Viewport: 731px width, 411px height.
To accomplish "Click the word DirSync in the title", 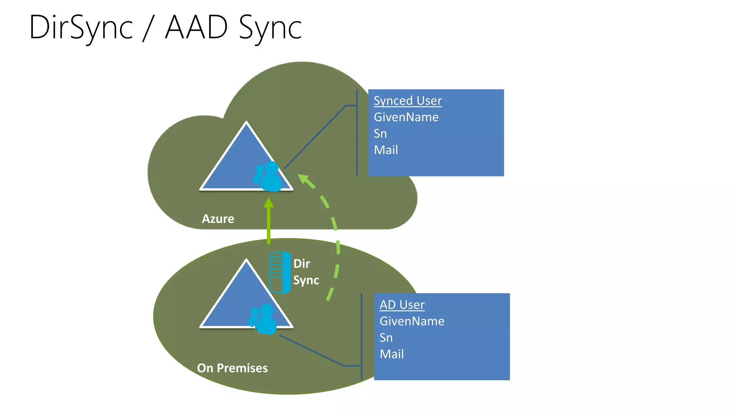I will pos(81,28).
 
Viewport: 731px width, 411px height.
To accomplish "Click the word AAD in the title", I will pos(196,27).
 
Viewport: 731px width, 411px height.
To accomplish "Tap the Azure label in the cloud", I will pos(218,219).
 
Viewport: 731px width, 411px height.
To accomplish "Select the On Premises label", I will pos(232,368).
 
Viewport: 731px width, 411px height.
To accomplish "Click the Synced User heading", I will pos(408,101).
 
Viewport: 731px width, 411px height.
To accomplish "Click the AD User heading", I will pos(402,305).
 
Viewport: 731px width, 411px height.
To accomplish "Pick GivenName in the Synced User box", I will pos(406,117).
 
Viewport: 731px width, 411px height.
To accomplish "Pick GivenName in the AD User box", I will pos(412,321).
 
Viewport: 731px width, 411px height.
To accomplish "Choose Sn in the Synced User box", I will pos(380,133).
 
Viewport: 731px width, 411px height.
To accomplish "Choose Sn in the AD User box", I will pos(386,338).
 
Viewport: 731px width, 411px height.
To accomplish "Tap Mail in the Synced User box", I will pos(386,150).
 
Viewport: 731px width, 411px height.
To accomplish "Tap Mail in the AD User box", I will pos(392,354).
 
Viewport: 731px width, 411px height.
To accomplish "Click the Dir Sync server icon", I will pos(279,273).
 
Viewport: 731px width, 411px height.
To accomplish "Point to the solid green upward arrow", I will pos(269,221).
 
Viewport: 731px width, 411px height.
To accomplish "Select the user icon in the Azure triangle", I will pos(268,177).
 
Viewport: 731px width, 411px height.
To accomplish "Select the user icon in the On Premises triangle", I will pos(263,319).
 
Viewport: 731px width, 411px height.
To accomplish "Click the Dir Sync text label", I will pos(306,272).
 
